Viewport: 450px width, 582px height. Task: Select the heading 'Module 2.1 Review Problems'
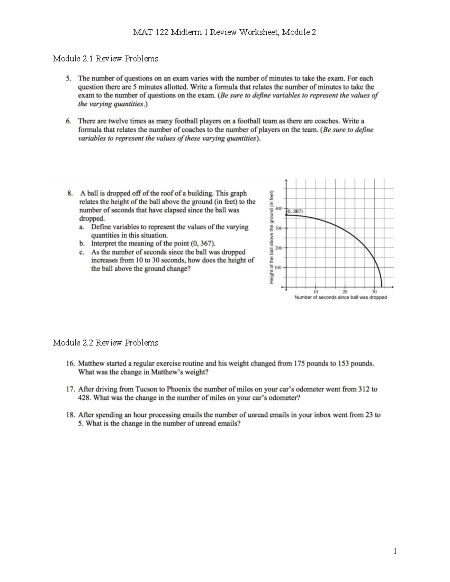click(x=105, y=58)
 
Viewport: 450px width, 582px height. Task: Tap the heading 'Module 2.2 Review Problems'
click(x=105, y=343)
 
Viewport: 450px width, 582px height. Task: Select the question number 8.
click(x=70, y=193)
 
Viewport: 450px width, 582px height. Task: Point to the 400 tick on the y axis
click(x=278, y=208)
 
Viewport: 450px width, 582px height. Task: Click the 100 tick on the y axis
click(x=277, y=268)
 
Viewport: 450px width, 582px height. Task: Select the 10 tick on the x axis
click(x=315, y=292)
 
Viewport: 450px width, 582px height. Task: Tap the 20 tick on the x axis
click(x=345, y=292)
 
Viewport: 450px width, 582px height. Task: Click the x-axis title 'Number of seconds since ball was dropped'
click(x=340, y=298)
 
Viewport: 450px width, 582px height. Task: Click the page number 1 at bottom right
click(x=395, y=551)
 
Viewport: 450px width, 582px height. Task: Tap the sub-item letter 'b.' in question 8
click(x=82, y=244)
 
